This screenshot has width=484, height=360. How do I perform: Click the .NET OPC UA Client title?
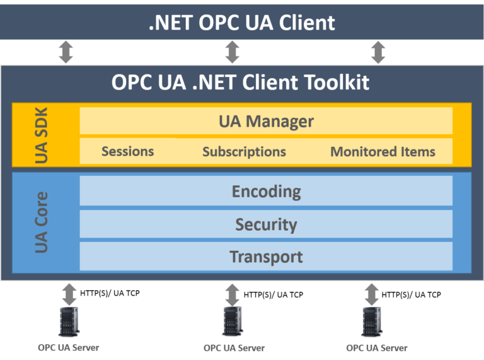(241, 23)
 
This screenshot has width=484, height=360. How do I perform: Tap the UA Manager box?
(266, 120)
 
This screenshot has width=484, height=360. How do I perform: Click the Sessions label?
(127, 151)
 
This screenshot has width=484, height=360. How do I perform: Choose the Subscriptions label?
(244, 152)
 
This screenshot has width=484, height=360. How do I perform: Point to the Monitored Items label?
(383, 152)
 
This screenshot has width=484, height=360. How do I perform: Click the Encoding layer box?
(266, 191)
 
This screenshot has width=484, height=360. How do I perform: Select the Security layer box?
(266, 224)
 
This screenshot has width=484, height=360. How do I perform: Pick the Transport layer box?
(266, 257)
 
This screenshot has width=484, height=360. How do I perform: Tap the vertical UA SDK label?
(42, 135)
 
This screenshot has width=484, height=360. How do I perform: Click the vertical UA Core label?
(42, 222)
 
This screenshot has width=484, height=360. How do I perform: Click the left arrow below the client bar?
(66, 52)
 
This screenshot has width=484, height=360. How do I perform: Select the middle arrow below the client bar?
(232, 52)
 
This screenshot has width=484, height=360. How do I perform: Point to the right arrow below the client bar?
(377, 52)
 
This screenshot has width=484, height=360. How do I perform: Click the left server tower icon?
(69, 322)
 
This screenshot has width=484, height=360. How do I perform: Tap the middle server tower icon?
(233, 322)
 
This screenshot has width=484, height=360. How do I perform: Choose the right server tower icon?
(371, 322)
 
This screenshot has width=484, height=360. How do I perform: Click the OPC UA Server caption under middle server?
(234, 348)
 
